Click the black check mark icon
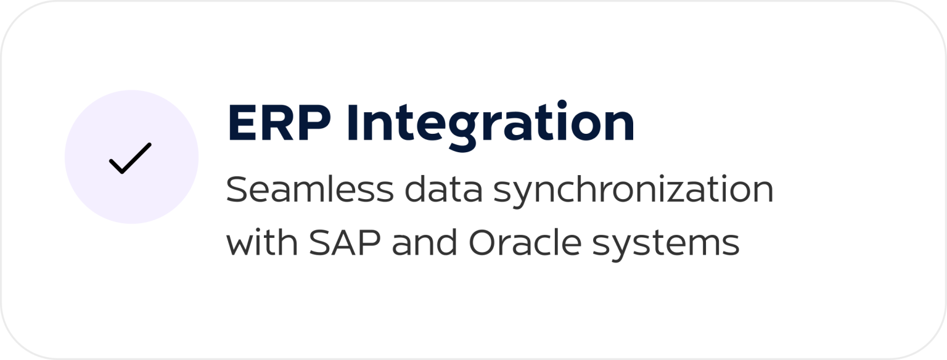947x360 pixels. point(130,158)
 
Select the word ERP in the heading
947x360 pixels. point(279,123)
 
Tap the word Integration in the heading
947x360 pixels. point(491,126)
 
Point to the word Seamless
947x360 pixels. point(310,189)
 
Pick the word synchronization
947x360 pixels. point(633,192)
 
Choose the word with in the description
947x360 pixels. point(262,242)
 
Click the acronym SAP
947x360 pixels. point(345,242)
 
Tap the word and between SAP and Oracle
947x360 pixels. point(424,242)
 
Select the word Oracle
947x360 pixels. point(525,242)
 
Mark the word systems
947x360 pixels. point(665,245)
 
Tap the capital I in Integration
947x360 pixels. point(352,123)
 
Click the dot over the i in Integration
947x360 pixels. point(562,104)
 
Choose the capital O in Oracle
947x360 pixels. point(483,242)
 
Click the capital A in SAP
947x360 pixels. point(345,242)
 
